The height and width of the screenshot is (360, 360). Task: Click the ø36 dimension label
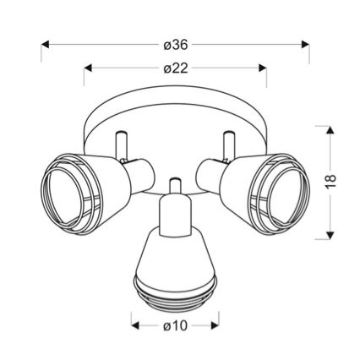pyautogui.click(x=176, y=45)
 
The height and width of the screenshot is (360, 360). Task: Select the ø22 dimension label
pyautogui.click(x=176, y=68)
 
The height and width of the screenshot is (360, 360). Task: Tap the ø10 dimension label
pyautogui.click(x=175, y=326)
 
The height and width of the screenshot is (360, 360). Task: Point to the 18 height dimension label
pyautogui.click(x=330, y=181)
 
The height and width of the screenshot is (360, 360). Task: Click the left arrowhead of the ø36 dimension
pyautogui.click(x=45, y=45)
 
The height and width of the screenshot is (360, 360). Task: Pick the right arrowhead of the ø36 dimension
pyautogui.click(x=305, y=45)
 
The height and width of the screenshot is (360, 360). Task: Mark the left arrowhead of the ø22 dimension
pyautogui.click(x=88, y=68)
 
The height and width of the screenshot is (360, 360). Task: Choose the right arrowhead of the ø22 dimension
pyautogui.click(x=263, y=68)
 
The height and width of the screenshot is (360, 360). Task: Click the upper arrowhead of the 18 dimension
pyautogui.click(x=330, y=130)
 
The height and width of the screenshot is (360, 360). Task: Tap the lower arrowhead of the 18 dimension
pyautogui.click(x=330, y=235)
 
